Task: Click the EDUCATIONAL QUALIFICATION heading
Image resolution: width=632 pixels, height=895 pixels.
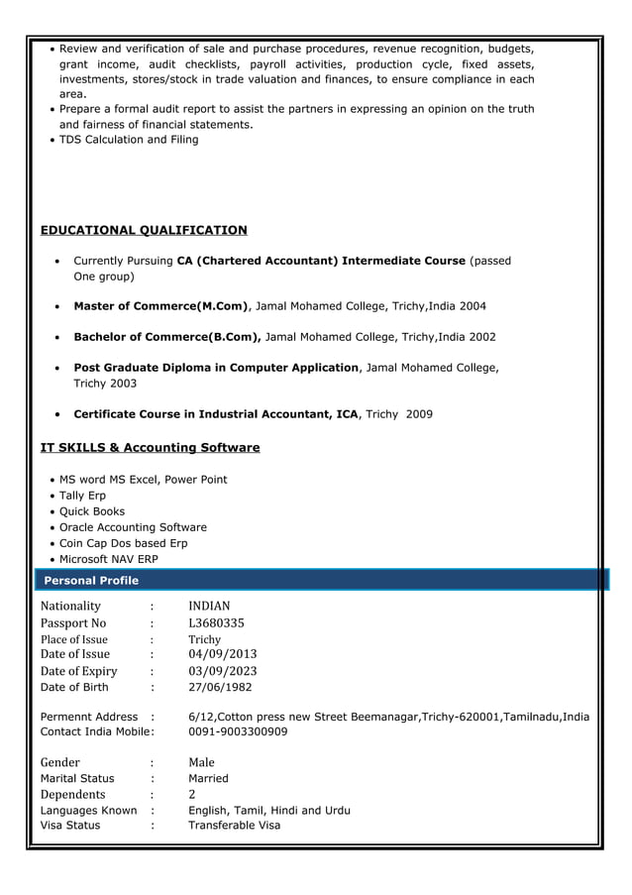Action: click(144, 230)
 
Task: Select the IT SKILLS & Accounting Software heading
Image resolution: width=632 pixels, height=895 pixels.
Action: click(150, 447)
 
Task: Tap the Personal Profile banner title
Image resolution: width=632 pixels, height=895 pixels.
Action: click(90, 580)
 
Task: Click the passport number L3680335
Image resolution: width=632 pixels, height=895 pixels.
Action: click(216, 623)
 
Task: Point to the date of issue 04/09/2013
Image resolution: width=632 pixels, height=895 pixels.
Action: click(222, 654)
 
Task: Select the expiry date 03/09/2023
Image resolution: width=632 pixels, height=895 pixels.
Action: click(222, 671)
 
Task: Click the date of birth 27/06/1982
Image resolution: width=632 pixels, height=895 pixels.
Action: click(220, 687)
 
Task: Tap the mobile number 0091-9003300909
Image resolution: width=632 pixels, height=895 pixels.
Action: click(238, 731)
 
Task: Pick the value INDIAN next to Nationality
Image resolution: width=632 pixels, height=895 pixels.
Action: click(209, 606)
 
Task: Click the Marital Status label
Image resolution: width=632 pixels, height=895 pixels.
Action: click(77, 778)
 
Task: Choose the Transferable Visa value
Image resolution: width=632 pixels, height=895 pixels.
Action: click(235, 825)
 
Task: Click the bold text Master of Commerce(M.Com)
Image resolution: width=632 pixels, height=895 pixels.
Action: click(161, 305)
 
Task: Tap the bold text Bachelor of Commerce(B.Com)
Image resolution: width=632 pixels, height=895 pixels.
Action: click(167, 337)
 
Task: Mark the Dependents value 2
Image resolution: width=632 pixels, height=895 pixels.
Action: click(192, 794)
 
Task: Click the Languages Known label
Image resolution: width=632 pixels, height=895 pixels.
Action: click(88, 810)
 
